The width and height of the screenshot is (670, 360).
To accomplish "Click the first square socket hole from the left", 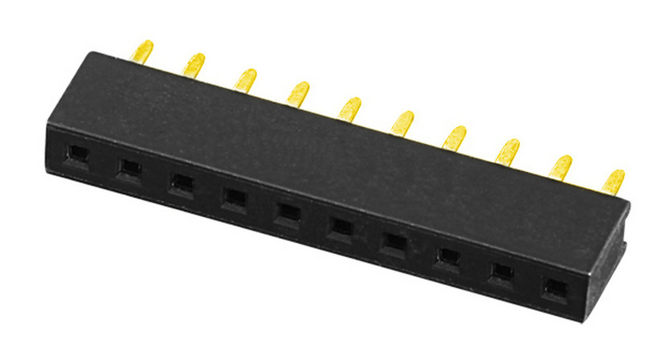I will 77,153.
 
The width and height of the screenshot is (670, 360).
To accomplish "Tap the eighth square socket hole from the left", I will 447,256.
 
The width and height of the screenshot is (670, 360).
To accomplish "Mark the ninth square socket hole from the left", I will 500,272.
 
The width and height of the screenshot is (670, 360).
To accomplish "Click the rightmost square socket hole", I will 554,287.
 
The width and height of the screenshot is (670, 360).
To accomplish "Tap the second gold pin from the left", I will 194,64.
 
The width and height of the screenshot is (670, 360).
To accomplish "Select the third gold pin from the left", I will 246,79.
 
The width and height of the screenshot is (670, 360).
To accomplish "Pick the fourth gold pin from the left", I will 299,92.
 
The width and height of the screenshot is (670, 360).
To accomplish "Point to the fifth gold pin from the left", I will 349,108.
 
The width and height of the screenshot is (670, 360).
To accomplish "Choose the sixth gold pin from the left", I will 402,122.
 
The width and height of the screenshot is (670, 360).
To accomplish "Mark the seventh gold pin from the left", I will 455,137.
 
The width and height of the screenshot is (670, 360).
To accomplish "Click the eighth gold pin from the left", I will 508,151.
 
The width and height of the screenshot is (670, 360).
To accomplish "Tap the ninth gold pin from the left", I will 561,166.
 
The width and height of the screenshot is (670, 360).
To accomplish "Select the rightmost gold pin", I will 614,181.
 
